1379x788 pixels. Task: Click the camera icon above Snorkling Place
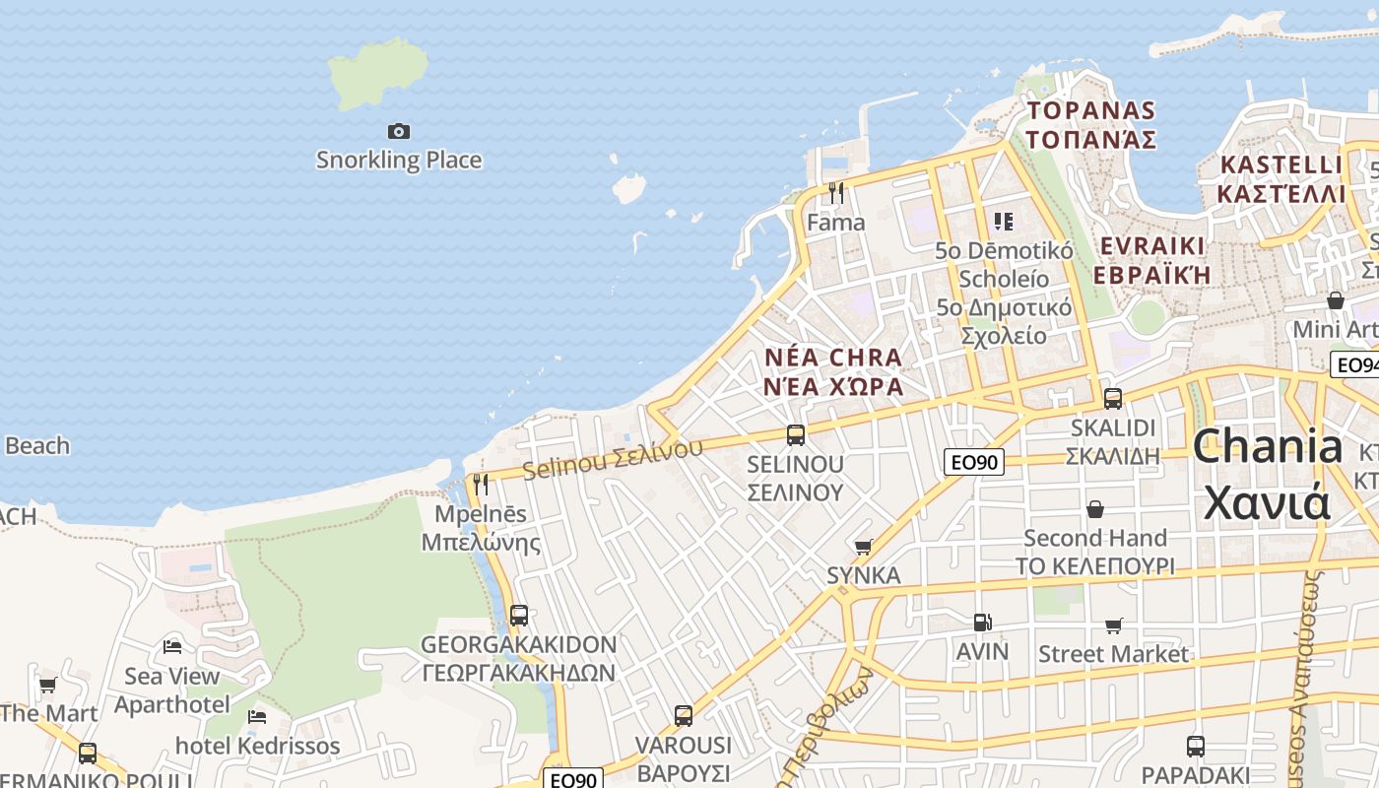(x=398, y=131)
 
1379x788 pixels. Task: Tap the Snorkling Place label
(x=399, y=160)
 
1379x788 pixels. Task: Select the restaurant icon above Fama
(x=836, y=193)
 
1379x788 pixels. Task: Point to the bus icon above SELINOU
(x=795, y=434)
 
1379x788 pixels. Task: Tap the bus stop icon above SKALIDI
(x=1113, y=399)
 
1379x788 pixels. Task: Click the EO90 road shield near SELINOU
(x=973, y=462)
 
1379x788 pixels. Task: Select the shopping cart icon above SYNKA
(x=864, y=547)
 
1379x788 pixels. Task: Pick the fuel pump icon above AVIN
(x=982, y=623)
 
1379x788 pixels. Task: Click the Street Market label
(x=1113, y=654)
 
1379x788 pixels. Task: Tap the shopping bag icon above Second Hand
(x=1094, y=509)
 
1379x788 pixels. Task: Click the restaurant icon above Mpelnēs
(x=481, y=485)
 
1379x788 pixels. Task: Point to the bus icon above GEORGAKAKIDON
(x=519, y=616)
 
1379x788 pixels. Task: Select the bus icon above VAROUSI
(x=684, y=716)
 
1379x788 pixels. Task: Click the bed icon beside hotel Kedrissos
(x=257, y=717)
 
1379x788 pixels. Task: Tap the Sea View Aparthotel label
(x=171, y=690)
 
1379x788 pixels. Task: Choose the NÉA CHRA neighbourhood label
(x=833, y=371)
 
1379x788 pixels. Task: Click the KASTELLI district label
(x=1280, y=178)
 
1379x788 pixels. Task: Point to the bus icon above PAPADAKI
(x=1195, y=746)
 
